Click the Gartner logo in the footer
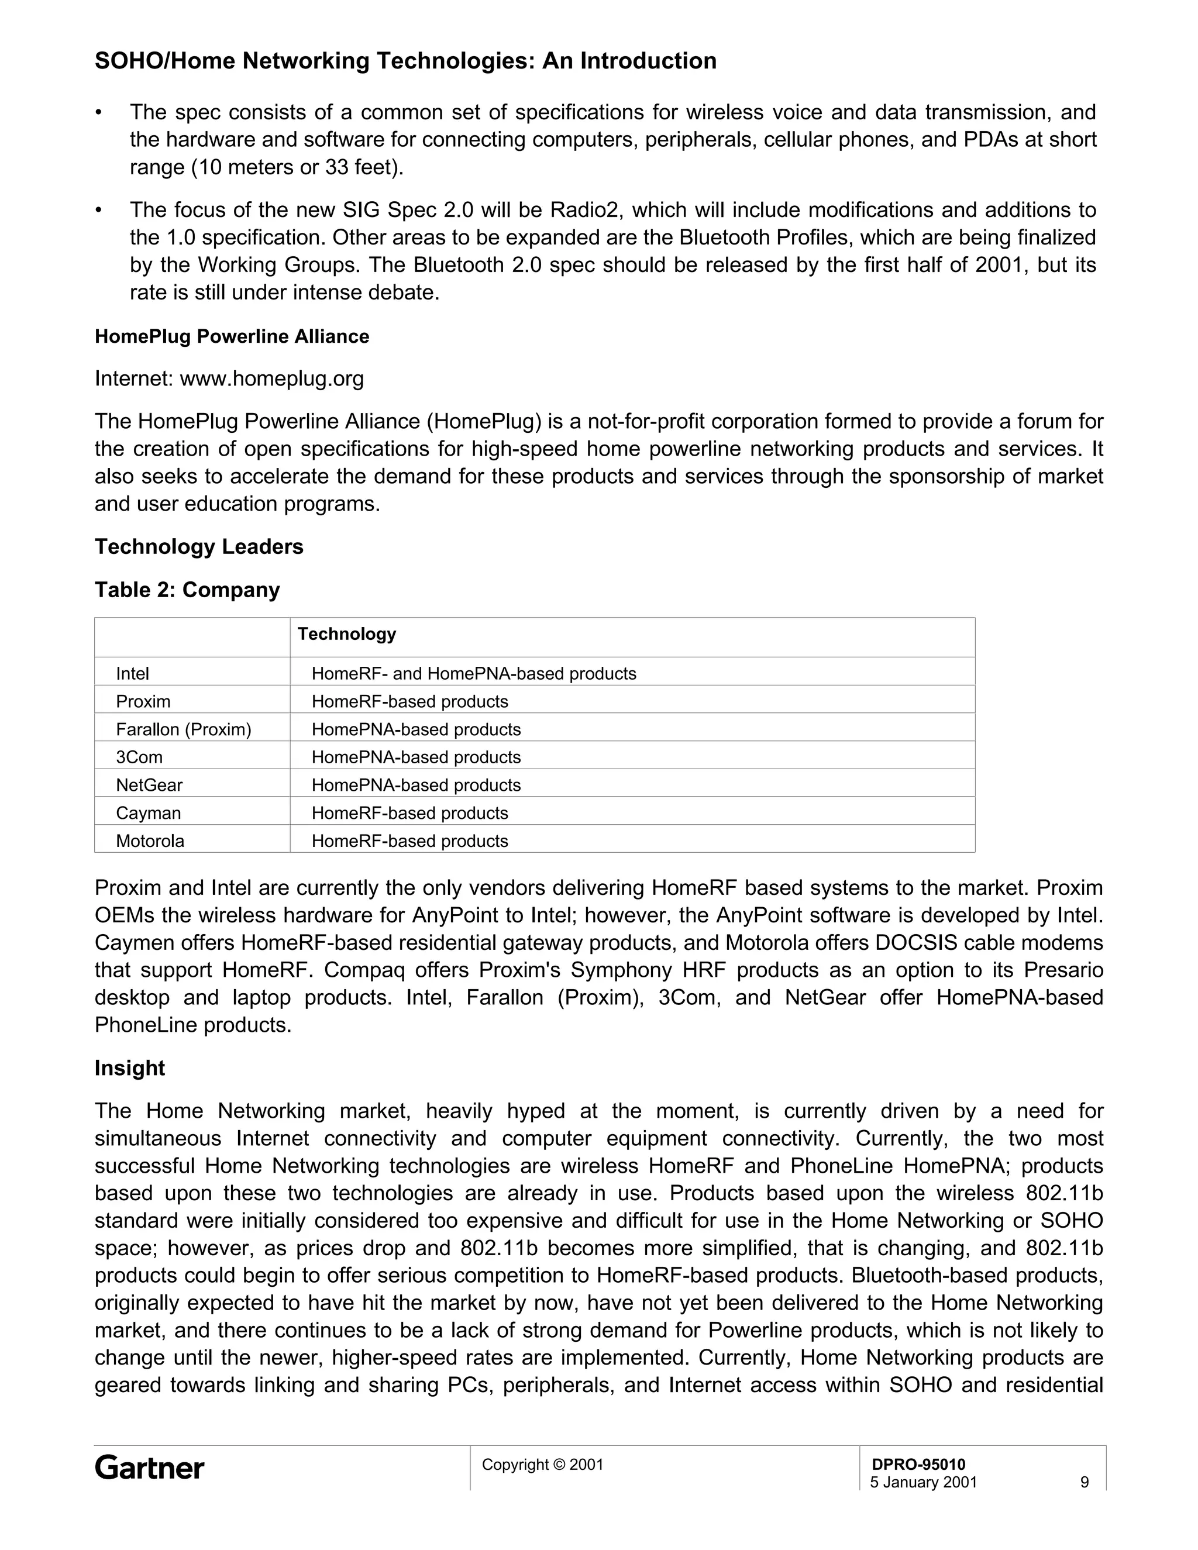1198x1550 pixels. (149, 1468)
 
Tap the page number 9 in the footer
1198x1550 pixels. (1084, 1482)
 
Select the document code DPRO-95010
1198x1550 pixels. (918, 1464)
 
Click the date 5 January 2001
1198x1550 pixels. (923, 1482)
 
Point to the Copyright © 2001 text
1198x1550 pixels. (542, 1464)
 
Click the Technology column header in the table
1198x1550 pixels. (346, 634)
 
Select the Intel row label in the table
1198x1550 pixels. (133, 673)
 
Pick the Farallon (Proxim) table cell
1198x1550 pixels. (184, 729)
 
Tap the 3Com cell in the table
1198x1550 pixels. (139, 757)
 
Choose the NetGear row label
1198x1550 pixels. (149, 785)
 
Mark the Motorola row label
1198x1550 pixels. (150, 841)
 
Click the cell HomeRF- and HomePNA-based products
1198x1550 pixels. (473, 673)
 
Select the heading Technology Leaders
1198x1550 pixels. (199, 546)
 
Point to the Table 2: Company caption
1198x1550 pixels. (187, 590)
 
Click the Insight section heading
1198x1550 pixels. (130, 1068)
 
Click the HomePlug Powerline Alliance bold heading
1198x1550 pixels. (232, 336)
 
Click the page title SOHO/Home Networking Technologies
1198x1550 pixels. (405, 61)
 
